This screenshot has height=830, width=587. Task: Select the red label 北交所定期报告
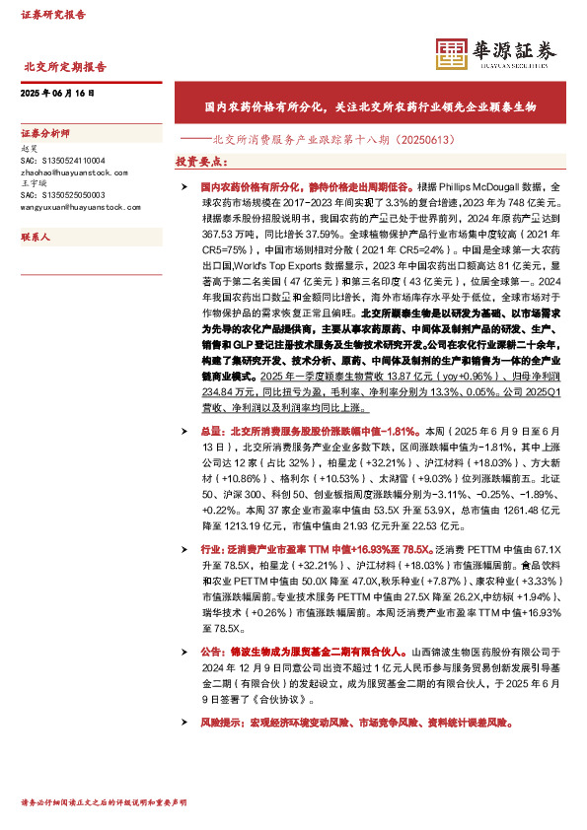(64, 67)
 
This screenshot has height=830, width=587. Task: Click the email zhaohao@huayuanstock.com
(73, 172)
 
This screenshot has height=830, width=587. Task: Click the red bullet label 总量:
(214, 431)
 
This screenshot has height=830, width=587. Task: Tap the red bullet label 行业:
(214, 548)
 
